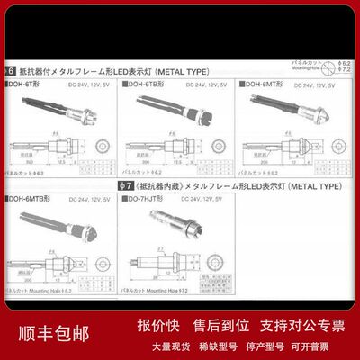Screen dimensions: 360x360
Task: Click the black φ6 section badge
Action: point(12,68)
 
